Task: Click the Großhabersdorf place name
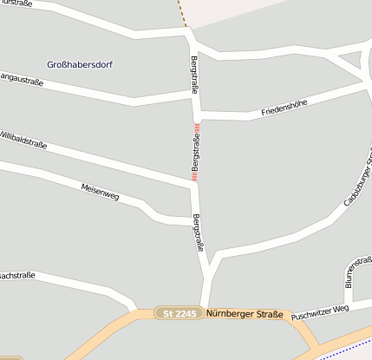[80, 64]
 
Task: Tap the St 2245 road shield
[179, 313]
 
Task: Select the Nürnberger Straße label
[245, 314]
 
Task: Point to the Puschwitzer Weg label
[320, 311]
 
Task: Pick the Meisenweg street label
[100, 193]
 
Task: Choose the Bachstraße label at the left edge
[16, 275]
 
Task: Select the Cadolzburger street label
[358, 182]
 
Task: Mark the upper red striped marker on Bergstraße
[197, 131]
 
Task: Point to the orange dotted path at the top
[182, 13]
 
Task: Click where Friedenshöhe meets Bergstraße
[199, 115]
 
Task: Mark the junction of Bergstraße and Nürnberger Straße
[206, 311]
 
